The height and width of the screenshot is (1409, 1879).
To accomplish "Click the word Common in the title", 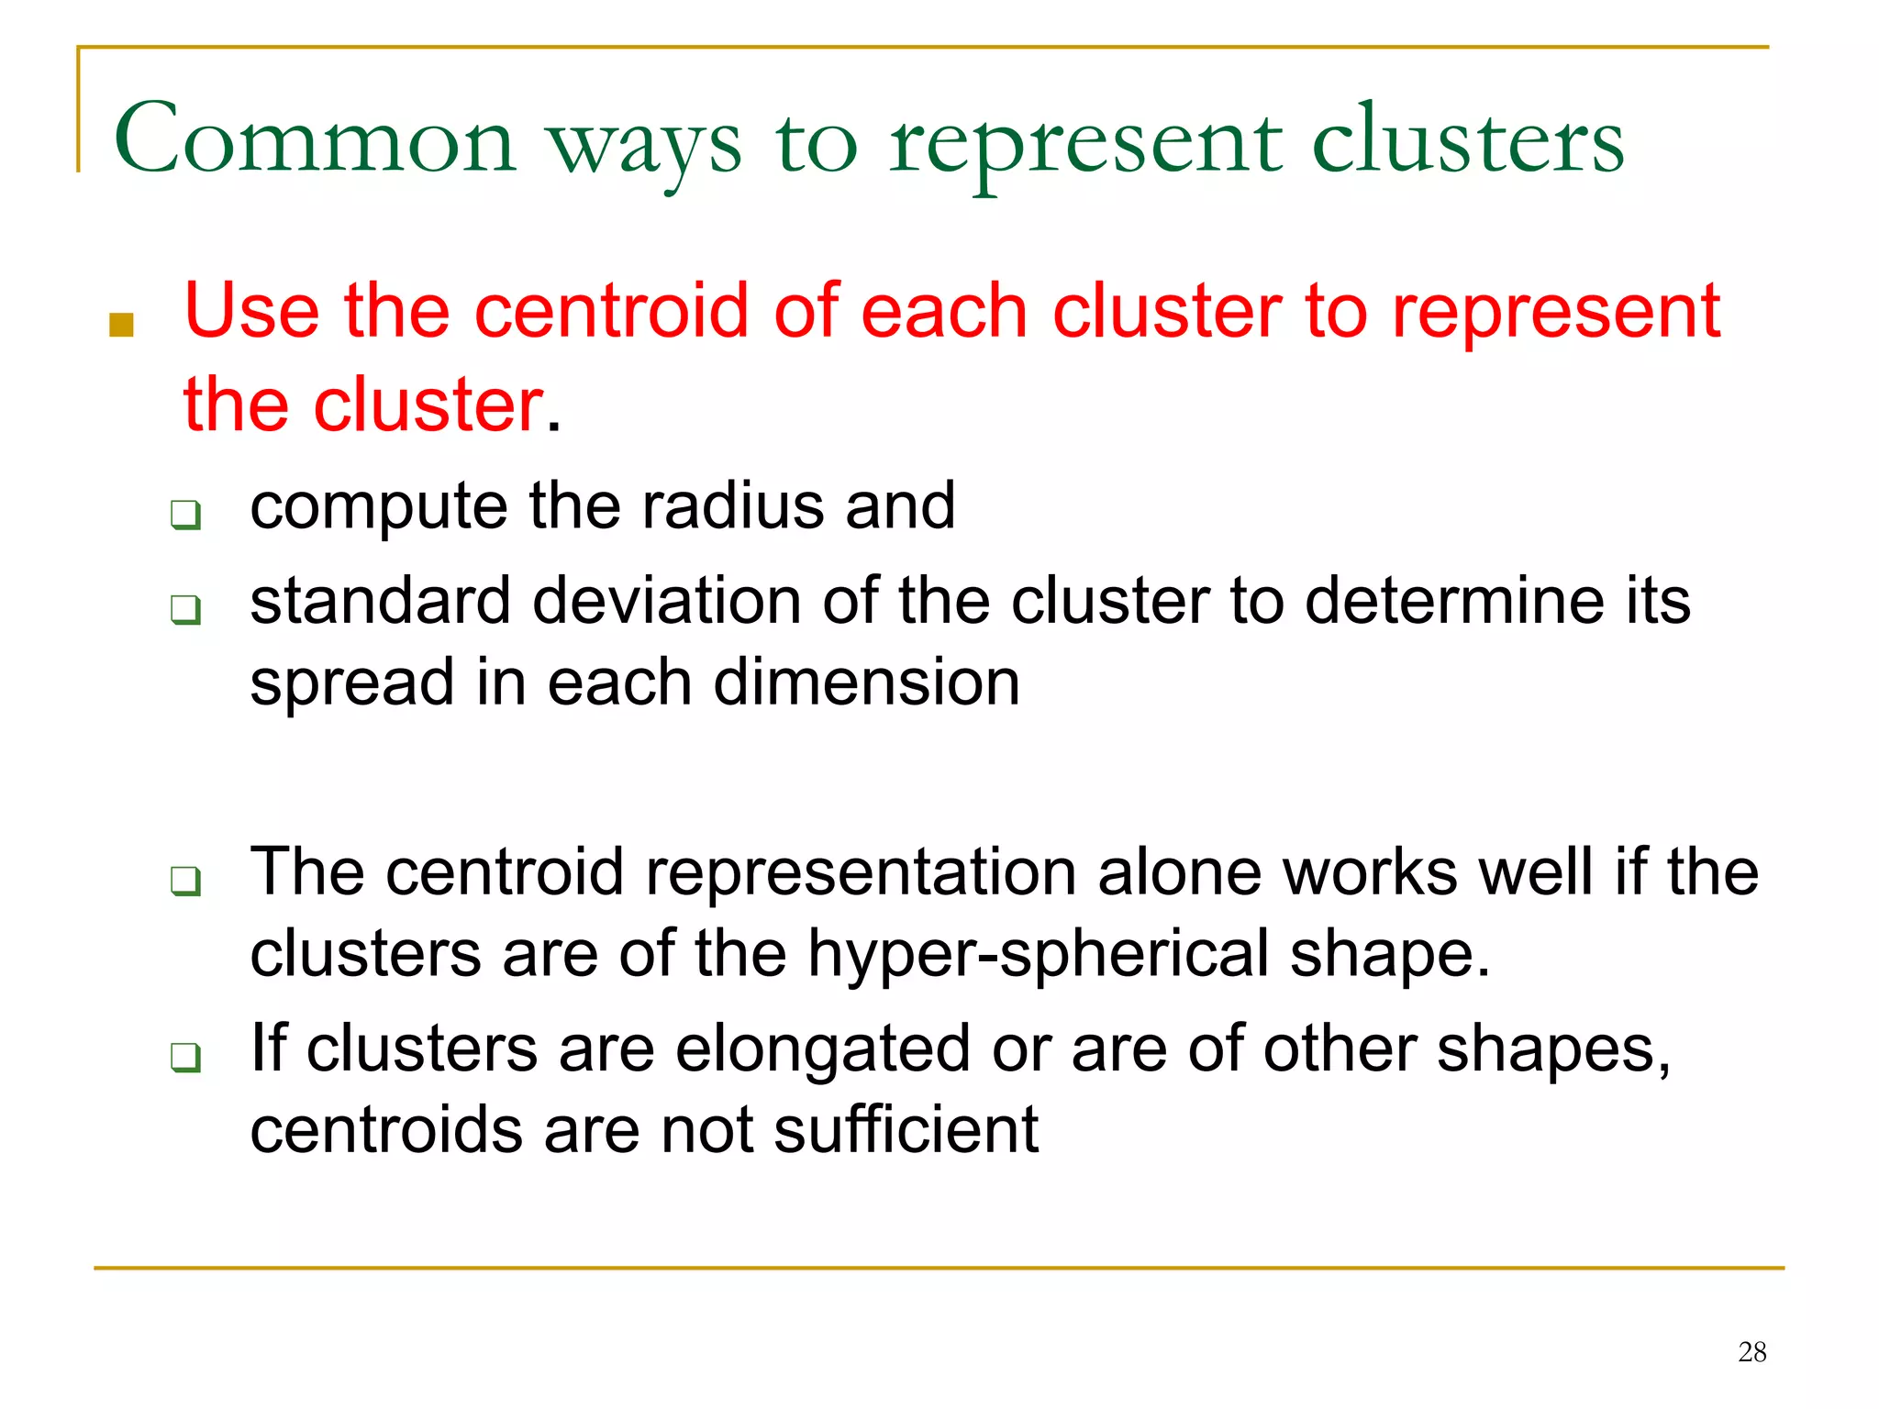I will pyautogui.click(x=315, y=140).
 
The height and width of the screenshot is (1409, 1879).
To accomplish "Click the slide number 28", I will pyautogui.click(x=1751, y=1351).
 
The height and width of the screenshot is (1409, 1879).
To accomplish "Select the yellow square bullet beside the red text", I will pyautogui.click(x=121, y=324).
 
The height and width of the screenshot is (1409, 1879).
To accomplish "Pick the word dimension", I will pyautogui.click(x=866, y=682).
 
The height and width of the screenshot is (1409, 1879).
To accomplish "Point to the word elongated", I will pyautogui.click(x=822, y=1050).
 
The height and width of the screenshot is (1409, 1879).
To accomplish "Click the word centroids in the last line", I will pyautogui.click(x=386, y=1129).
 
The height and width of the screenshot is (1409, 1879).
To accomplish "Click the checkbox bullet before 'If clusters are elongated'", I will pyautogui.click(x=185, y=1058).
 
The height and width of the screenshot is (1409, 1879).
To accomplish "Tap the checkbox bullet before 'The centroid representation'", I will pyautogui.click(x=185, y=881).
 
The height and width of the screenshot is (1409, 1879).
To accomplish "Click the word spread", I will pyautogui.click(x=341, y=684).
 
